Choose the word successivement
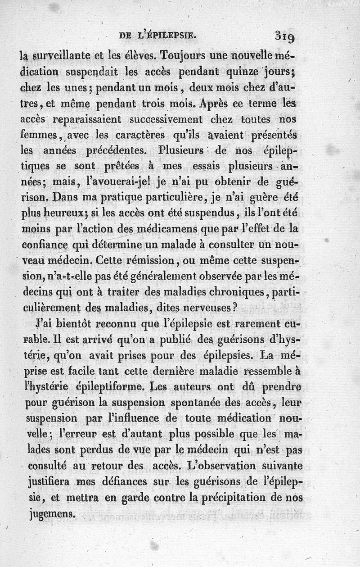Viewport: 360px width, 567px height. [162, 120]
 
